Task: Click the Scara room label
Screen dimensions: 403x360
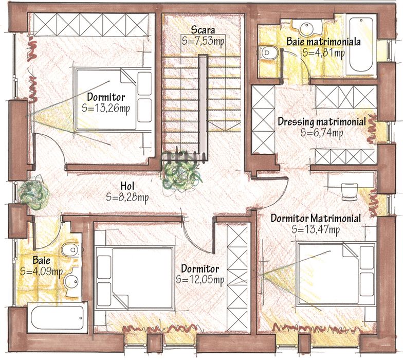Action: tap(203, 30)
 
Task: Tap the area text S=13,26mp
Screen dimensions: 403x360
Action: tap(106, 108)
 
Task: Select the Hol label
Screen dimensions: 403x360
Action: tap(127, 186)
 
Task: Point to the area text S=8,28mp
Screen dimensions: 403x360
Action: tap(127, 197)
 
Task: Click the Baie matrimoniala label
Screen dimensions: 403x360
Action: tap(324, 42)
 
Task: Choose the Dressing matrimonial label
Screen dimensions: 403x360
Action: tap(322, 121)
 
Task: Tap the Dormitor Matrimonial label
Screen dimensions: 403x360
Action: tap(316, 219)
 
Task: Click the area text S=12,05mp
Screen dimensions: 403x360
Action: tap(200, 280)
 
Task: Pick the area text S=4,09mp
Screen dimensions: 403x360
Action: tap(41, 272)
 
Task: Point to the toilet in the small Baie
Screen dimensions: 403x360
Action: tap(71, 249)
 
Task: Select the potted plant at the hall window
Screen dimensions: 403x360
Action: tap(34, 193)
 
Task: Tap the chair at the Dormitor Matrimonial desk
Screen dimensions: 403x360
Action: tap(350, 192)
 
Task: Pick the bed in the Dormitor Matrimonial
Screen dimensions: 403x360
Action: tap(336, 274)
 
